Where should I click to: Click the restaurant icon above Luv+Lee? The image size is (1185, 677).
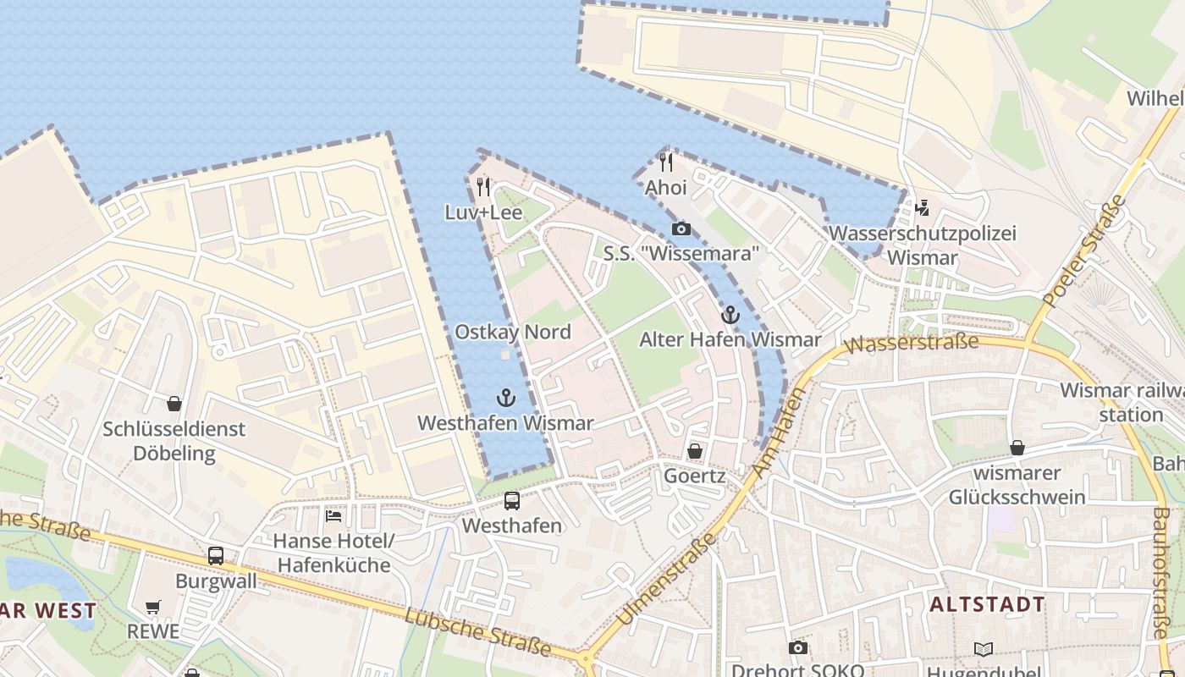[x=483, y=186]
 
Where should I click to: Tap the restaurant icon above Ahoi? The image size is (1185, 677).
[x=666, y=162]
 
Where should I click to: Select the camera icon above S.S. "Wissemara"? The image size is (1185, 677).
[x=681, y=228]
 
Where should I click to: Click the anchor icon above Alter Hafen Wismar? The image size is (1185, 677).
[x=730, y=315]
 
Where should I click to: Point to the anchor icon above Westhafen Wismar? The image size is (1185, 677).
[x=505, y=398]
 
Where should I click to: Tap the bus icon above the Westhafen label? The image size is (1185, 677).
[x=512, y=500]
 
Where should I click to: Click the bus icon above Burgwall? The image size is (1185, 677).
[x=216, y=556]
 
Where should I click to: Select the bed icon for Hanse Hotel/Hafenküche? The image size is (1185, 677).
[x=333, y=515]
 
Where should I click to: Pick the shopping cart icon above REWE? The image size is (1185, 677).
[x=152, y=607]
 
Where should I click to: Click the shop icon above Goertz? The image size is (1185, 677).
[x=694, y=451]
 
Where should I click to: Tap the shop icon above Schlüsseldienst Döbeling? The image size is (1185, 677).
[x=174, y=404]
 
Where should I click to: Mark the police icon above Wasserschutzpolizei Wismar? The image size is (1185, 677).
[x=922, y=207]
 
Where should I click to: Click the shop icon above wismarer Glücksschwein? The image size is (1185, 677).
[x=1017, y=447]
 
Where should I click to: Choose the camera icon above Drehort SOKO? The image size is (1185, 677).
[x=797, y=647]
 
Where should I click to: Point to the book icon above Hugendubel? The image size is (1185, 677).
[x=983, y=649]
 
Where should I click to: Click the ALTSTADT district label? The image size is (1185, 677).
[x=987, y=604]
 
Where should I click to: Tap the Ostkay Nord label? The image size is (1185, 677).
[x=513, y=332]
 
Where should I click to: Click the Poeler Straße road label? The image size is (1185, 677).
[x=1086, y=250]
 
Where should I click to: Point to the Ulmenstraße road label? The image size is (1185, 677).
[x=666, y=580]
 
